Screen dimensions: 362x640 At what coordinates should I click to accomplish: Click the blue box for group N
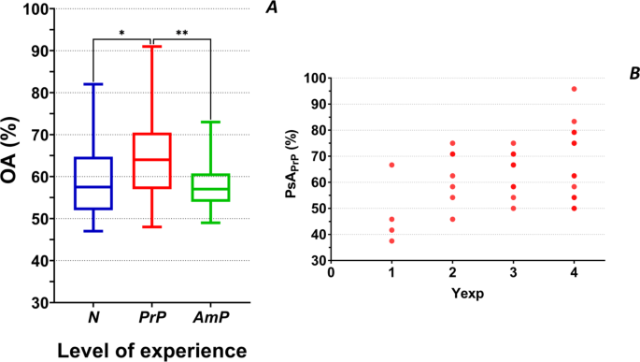pos(93,183)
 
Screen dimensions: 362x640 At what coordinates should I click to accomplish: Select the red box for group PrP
pos(152,161)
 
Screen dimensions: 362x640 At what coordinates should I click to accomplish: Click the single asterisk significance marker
pos(122,34)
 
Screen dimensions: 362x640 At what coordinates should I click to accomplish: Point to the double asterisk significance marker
pos(182,34)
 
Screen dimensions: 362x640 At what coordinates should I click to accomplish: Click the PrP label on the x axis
pos(152,319)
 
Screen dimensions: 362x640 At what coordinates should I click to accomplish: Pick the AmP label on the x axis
pos(211,319)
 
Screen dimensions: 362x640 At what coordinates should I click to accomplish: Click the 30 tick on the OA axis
pos(41,303)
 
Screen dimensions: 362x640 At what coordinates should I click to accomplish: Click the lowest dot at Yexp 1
pos(391,240)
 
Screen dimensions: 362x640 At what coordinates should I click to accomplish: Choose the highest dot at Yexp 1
pos(391,165)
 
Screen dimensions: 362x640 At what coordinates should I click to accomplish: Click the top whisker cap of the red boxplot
pos(152,47)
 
